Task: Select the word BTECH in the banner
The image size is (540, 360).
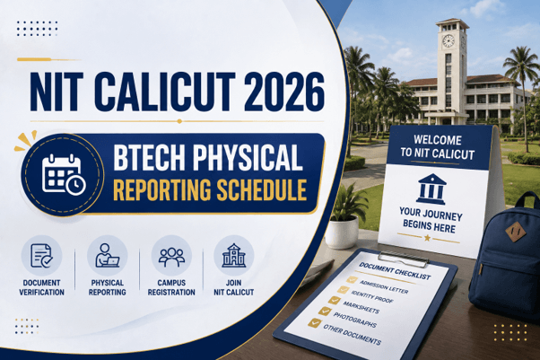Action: point(150,157)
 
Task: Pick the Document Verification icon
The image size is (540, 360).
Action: point(41,256)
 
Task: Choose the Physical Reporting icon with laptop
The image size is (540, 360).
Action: point(107,256)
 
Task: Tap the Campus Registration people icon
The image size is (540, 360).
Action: point(171,257)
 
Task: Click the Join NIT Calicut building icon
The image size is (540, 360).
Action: point(234,256)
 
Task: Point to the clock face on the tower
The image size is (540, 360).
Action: point(448,40)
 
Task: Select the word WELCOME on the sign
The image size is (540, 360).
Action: point(438,140)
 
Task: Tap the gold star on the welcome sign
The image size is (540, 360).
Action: point(427,238)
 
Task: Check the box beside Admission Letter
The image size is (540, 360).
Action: point(352,279)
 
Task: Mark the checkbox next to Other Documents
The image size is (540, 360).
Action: point(314,323)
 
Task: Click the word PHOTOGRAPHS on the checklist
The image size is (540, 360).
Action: point(354,320)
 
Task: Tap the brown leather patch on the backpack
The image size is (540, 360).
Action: point(515,232)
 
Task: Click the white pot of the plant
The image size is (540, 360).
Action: point(342,232)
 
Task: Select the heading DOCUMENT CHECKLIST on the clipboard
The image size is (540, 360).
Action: point(395,271)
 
